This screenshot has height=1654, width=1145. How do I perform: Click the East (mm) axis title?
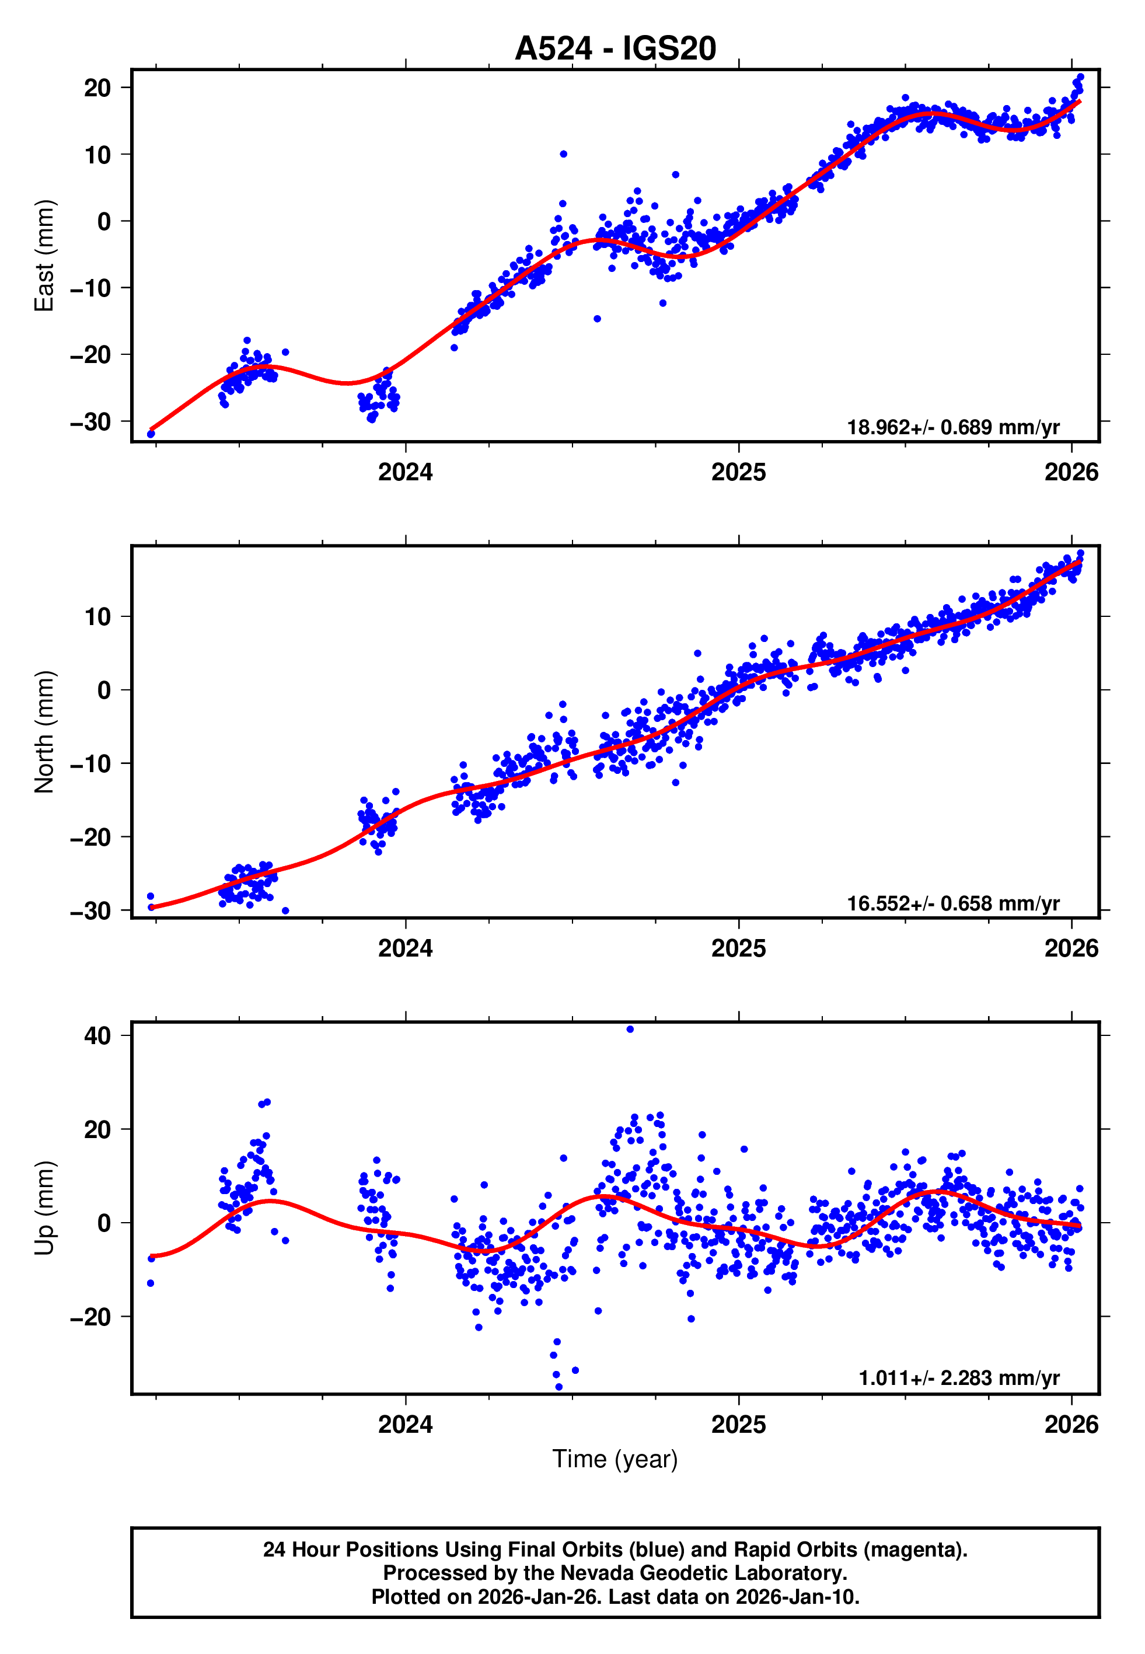pyautogui.click(x=44, y=256)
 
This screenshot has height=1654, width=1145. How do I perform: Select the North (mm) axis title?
pyautogui.click(x=44, y=732)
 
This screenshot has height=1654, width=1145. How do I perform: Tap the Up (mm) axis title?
pyautogui.click(x=44, y=1209)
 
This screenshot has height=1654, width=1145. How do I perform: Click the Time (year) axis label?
pyautogui.click(x=615, y=1459)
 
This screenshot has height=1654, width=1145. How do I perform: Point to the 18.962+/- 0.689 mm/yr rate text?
pyautogui.click(x=953, y=427)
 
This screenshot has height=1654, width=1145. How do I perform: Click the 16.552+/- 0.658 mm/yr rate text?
pyautogui.click(x=953, y=903)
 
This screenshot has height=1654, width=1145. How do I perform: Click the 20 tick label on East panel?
pyautogui.click(x=97, y=88)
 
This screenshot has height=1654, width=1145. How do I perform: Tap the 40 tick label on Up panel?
pyautogui.click(x=97, y=1036)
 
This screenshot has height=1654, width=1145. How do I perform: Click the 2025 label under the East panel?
pyautogui.click(x=738, y=472)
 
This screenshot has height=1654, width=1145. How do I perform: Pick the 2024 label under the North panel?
pyautogui.click(x=406, y=948)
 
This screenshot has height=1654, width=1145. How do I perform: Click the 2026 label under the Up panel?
pyautogui.click(x=1071, y=1424)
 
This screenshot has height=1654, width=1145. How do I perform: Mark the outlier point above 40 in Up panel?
pyautogui.click(x=630, y=1030)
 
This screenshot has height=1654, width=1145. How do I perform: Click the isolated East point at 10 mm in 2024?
pyautogui.click(x=563, y=154)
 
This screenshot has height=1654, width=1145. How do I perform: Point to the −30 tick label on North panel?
pyautogui.click(x=90, y=911)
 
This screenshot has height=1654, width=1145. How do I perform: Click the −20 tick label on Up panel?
pyautogui.click(x=90, y=1317)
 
